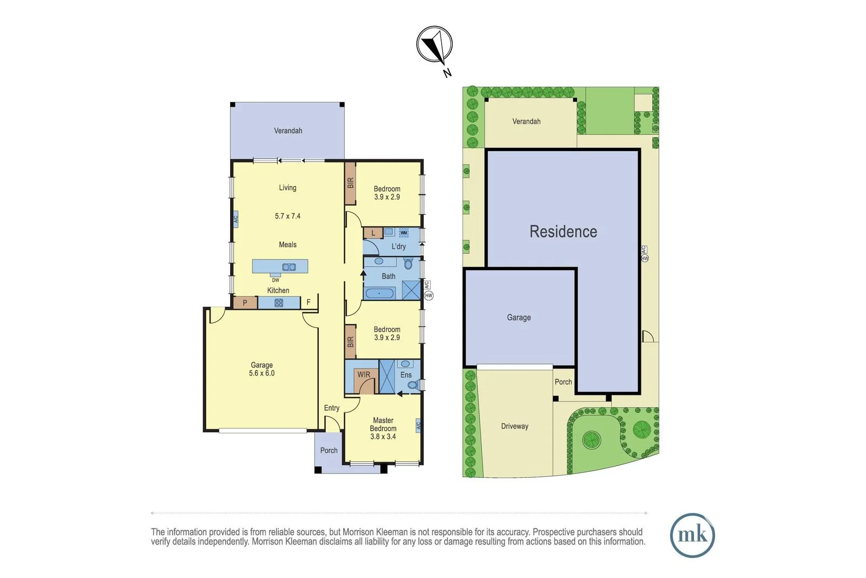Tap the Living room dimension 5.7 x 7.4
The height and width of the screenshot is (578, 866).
pos(287,216)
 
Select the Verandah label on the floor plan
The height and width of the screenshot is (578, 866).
pos(288,131)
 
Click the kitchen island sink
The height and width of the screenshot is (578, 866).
pos(289,267)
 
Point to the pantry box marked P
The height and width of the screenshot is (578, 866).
pos(245,303)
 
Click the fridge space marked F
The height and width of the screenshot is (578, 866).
pos(309,302)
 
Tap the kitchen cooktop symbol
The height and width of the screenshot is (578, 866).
pos(279,303)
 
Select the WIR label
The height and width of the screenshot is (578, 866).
pos(364,374)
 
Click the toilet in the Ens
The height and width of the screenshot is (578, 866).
pos(413,385)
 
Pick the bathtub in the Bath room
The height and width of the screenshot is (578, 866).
pos(380,293)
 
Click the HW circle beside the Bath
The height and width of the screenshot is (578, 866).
pos(429,295)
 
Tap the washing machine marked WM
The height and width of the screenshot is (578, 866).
pos(404,233)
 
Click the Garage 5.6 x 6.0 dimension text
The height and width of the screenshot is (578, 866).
pos(261,373)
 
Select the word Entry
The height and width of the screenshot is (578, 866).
pos(332,408)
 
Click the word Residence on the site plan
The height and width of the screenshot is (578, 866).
pos(563,231)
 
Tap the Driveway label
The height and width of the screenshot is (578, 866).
pos(514,426)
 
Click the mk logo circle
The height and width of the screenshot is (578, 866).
pos(692,535)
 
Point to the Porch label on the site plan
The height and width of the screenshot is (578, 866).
pos(563,382)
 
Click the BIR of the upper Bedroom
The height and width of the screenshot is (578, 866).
pos(350,183)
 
